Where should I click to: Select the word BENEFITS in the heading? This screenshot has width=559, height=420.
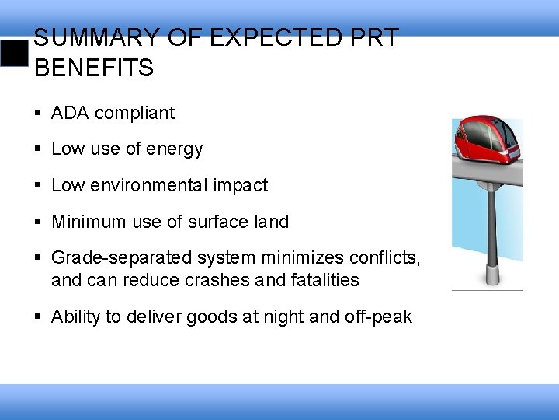click(94, 68)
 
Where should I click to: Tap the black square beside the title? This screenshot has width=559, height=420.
click(13, 54)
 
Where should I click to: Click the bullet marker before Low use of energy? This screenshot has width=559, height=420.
click(39, 149)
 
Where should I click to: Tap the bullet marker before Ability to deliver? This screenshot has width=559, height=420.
click(39, 317)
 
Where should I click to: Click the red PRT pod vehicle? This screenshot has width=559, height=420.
click(488, 140)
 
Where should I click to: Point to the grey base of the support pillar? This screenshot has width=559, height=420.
click(491, 274)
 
